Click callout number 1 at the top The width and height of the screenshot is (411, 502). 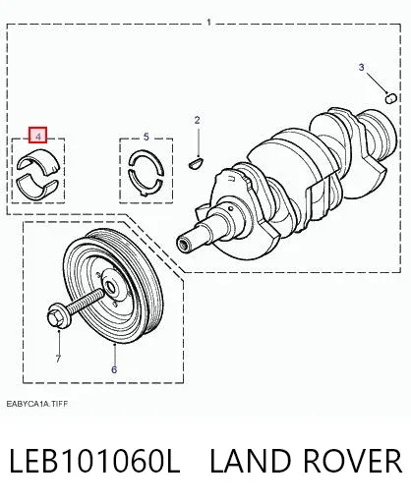point(208,23)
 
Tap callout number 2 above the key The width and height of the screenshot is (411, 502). point(197,121)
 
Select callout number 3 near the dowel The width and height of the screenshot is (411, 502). point(361,68)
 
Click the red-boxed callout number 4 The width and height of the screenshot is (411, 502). point(38,136)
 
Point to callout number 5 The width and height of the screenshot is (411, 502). point(147,137)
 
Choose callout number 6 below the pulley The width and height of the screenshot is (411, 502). point(114,369)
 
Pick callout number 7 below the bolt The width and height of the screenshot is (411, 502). point(58,359)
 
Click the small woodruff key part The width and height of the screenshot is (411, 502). point(197,163)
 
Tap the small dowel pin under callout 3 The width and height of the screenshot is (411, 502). point(390,98)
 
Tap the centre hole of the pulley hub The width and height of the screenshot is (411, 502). point(111,288)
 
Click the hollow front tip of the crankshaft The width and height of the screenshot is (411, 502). point(183,244)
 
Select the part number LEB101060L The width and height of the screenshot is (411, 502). point(95,461)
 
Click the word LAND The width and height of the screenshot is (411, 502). point(250,461)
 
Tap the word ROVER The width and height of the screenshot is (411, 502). point(353,461)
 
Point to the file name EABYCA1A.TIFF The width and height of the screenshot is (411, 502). point(37,404)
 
